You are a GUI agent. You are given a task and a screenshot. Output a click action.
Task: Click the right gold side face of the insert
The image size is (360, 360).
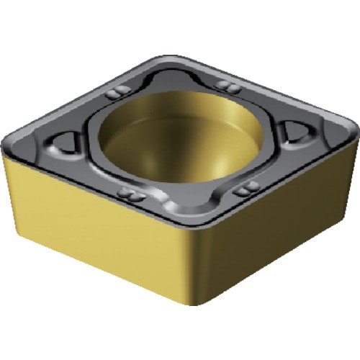(281, 223)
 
